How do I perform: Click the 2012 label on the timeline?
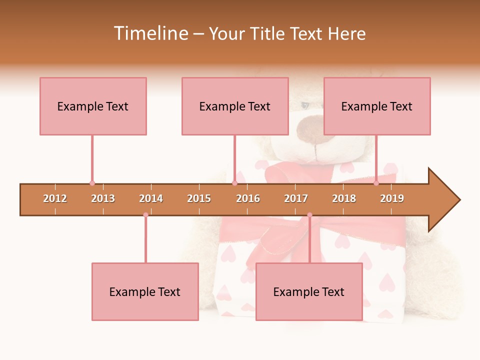pyautogui.click(x=55, y=198)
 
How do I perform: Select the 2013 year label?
pyautogui.click(x=103, y=198)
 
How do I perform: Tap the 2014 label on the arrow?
pyautogui.click(x=151, y=198)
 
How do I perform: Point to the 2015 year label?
pyautogui.click(x=199, y=198)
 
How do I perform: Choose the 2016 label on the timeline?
pyautogui.click(x=248, y=198)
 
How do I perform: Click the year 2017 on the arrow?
pyautogui.click(x=296, y=198)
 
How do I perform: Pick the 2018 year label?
pyautogui.click(x=344, y=198)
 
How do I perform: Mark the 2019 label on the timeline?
pyautogui.click(x=392, y=198)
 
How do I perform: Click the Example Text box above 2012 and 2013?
pyautogui.click(x=93, y=106)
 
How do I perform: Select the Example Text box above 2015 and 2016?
pyautogui.click(x=235, y=106)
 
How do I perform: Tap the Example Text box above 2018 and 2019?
pyautogui.click(x=377, y=106)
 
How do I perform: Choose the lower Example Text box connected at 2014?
pyautogui.click(x=145, y=291)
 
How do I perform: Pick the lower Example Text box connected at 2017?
pyautogui.click(x=309, y=291)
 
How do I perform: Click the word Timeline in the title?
pyautogui.click(x=150, y=33)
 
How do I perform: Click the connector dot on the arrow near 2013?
pyautogui.click(x=92, y=183)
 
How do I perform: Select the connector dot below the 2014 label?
pyautogui.click(x=145, y=215)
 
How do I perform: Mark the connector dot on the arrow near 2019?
pyautogui.click(x=376, y=183)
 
